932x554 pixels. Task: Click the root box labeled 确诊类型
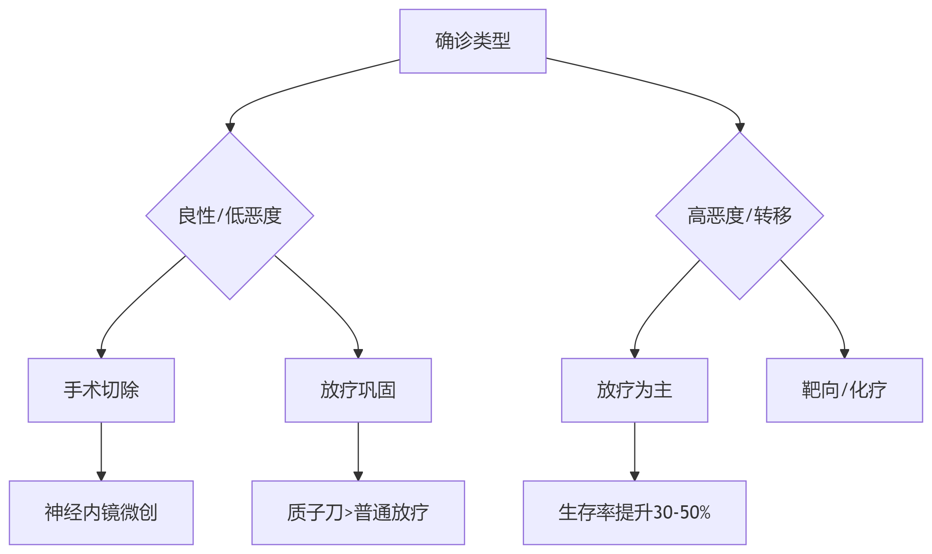(472, 41)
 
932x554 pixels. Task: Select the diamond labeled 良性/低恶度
(230, 216)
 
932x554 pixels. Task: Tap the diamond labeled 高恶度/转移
(739, 216)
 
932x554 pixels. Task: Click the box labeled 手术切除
(101, 390)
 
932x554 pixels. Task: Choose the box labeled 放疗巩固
(358, 390)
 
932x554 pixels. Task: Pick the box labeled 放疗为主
(634, 390)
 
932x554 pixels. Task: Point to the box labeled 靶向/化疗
(844, 390)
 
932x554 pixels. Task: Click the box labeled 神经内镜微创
(101, 512)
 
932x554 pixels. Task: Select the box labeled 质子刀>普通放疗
(358, 512)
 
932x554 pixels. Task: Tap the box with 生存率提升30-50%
(634, 512)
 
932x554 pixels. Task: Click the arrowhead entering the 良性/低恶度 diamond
(230, 128)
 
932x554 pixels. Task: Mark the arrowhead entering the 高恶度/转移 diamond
(740, 128)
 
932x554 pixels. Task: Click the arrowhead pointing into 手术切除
(101, 353)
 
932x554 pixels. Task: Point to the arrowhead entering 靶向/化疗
(844, 353)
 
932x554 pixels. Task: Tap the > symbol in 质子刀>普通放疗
(348, 513)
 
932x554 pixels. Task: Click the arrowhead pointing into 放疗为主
(635, 353)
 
